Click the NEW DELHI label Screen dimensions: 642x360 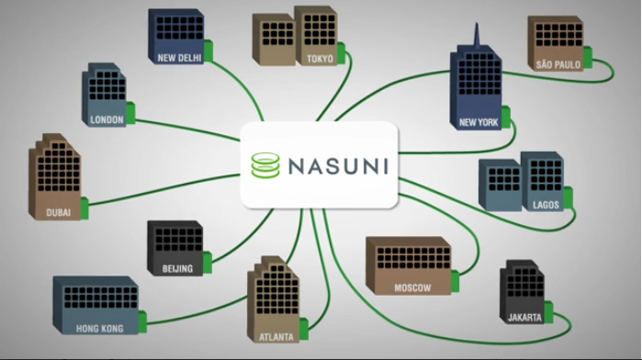pos(179,58)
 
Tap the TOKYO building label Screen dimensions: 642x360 pos(320,59)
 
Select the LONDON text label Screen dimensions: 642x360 pos(107,119)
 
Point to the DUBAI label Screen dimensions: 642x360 pos(58,212)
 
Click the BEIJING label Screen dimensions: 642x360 pos(177,269)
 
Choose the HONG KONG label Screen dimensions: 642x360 pos(99,329)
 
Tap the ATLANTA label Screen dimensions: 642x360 pos(276,337)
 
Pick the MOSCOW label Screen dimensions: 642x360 pos(412,288)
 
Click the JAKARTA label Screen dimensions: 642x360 pos(524,318)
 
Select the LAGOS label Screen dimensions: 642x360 pos(546,205)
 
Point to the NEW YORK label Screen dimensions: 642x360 pos(479,122)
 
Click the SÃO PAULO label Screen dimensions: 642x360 pos(558,64)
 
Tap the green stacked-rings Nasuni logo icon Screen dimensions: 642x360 pos(265,165)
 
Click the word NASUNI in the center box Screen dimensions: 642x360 pos(338,166)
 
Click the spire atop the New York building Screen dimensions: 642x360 pos(477,36)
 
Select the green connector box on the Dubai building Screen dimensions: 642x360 pos(84,208)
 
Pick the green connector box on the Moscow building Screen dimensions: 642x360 pos(455,281)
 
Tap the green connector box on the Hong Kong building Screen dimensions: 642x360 pos(142,322)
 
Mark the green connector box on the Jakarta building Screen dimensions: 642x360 pos(548,312)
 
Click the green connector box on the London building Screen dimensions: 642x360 pos(130,113)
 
